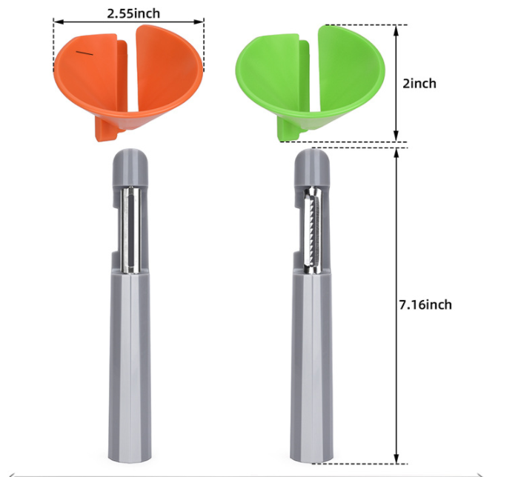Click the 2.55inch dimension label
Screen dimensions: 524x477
[x=133, y=13]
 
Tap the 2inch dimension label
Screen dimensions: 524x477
[x=419, y=83]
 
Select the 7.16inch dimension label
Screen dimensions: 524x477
[x=425, y=304]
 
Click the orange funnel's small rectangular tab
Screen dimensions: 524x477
[x=106, y=130]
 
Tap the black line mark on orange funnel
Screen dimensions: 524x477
[x=84, y=53]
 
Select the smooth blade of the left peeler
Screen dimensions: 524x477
[x=130, y=230]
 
